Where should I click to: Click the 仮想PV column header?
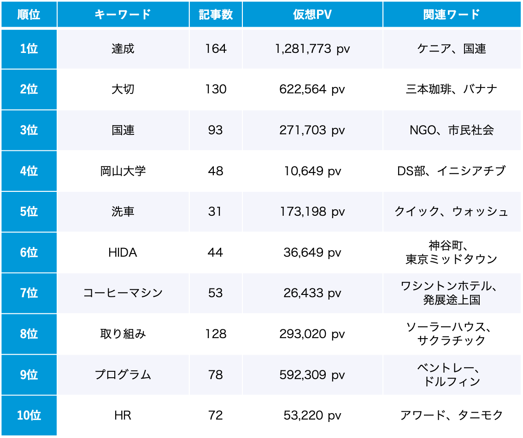312,15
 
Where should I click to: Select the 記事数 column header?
216,15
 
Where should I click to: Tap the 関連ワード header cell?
451,15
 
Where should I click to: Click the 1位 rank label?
29,49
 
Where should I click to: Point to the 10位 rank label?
29,415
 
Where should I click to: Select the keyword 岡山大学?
123,171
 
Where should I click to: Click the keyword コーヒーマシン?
123,293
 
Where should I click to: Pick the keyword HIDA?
123,253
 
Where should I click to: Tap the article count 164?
216,49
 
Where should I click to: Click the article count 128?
216,334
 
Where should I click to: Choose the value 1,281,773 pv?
312,49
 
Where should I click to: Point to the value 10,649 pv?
312,171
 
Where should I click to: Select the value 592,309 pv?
312,375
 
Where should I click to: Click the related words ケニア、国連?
451,49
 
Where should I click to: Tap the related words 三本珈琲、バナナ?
451,89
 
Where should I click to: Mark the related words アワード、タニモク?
451,415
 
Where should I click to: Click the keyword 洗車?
123,212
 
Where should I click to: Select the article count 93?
216,130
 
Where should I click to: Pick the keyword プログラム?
123,375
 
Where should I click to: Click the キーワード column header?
123,15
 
